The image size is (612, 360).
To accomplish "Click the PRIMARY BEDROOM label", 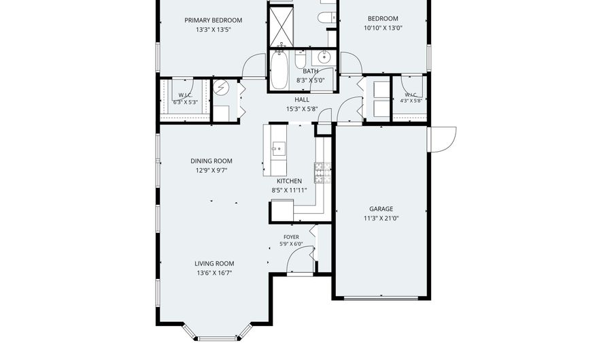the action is [x=213, y=20].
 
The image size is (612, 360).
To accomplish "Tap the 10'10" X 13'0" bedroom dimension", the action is [x=383, y=28].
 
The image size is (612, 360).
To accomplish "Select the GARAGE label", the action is [x=381, y=209].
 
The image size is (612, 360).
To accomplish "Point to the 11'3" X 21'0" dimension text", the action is [x=381, y=218].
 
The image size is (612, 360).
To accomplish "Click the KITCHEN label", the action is [x=289, y=181].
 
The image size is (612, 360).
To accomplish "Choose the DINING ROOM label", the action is [x=211, y=161].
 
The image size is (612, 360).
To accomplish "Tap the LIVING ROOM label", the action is [x=214, y=263].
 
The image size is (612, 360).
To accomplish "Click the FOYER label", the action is [x=291, y=237].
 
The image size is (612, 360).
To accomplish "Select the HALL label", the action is [x=302, y=99].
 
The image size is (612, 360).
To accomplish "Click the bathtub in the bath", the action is [x=279, y=70].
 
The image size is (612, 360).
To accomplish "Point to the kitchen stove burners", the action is [x=322, y=173].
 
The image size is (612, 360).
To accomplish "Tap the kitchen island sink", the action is [x=279, y=148].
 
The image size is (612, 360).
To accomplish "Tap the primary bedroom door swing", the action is [x=254, y=65].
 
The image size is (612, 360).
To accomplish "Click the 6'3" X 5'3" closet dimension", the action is [x=186, y=102].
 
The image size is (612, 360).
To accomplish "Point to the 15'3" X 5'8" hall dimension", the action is [x=302, y=110].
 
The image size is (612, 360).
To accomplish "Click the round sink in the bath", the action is [x=324, y=58].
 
